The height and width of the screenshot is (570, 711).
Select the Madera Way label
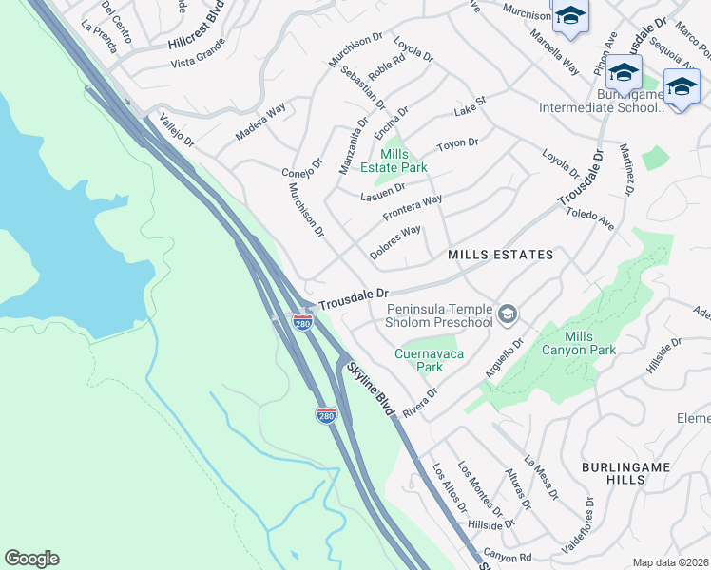pyautogui.click(x=259, y=123)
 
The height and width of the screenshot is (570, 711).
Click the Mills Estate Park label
pyautogui.click(x=404, y=161)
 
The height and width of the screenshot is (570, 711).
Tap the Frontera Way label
pyautogui.click(x=413, y=208)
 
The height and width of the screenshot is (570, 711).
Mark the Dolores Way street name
pyautogui.click(x=395, y=243)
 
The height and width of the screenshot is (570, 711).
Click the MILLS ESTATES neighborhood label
pyautogui.click(x=500, y=255)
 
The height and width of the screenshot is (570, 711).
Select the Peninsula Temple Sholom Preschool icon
pyautogui.click(x=508, y=313)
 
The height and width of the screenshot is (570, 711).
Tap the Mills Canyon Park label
pyautogui.click(x=590, y=344)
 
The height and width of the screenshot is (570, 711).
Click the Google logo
pyautogui.click(x=31, y=559)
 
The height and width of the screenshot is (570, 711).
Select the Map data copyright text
pyautogui.click(x=670, y=562)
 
